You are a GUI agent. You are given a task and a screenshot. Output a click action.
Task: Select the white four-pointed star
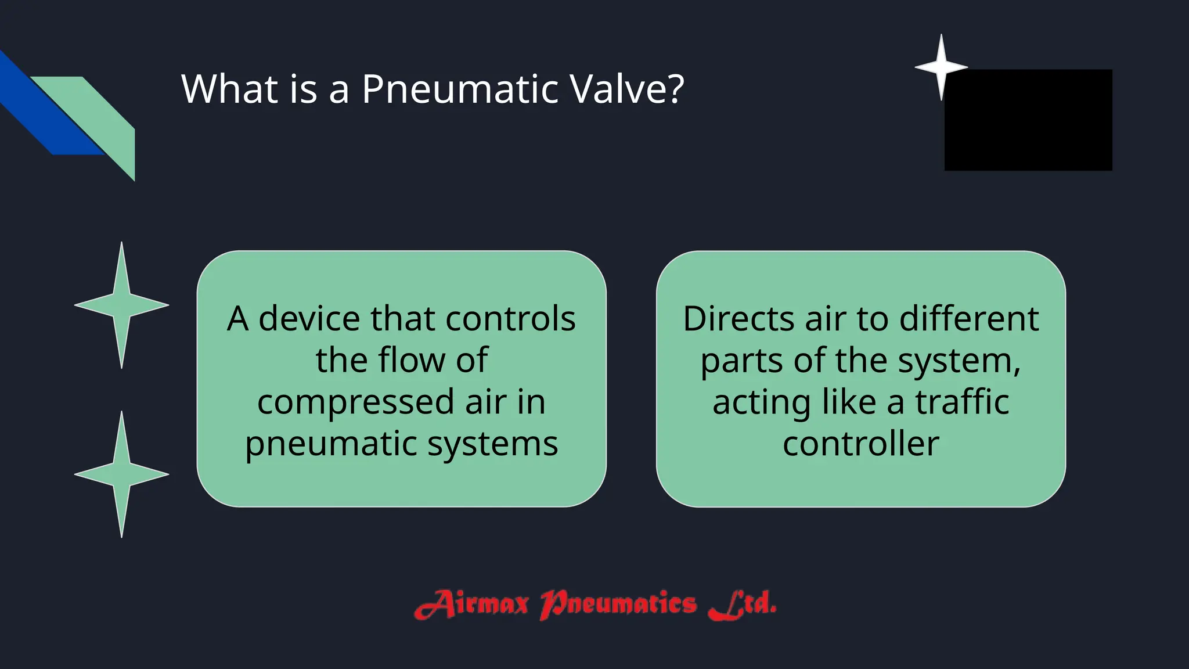941,67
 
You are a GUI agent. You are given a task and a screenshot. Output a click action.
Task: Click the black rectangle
1028,120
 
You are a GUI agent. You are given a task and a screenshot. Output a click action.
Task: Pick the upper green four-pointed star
121,305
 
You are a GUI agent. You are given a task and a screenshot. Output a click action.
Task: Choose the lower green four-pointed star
121,474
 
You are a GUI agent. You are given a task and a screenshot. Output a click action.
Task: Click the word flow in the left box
412,360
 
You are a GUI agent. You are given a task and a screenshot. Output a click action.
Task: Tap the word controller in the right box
860,444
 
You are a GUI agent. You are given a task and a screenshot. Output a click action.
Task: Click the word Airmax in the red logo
471,604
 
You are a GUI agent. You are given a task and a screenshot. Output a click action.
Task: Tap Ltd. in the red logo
743,604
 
